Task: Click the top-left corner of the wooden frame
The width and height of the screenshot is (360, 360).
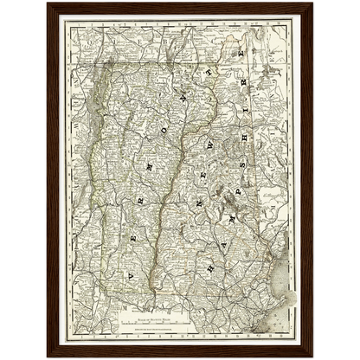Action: (x=47, y=3)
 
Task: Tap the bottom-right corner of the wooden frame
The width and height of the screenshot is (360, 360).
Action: (x=313, y=357)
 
